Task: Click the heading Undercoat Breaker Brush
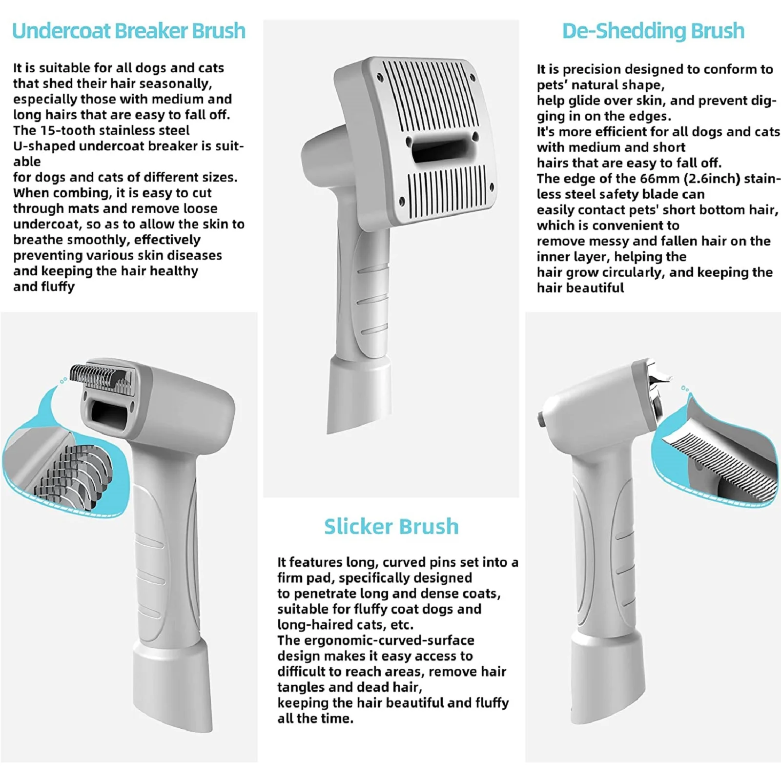(128, 31)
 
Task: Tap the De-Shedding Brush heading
(653, 31)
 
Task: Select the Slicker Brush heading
(391, 527)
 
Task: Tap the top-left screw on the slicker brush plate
(379, 76)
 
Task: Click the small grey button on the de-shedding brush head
(541, 418)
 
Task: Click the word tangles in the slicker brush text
(301, 687)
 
